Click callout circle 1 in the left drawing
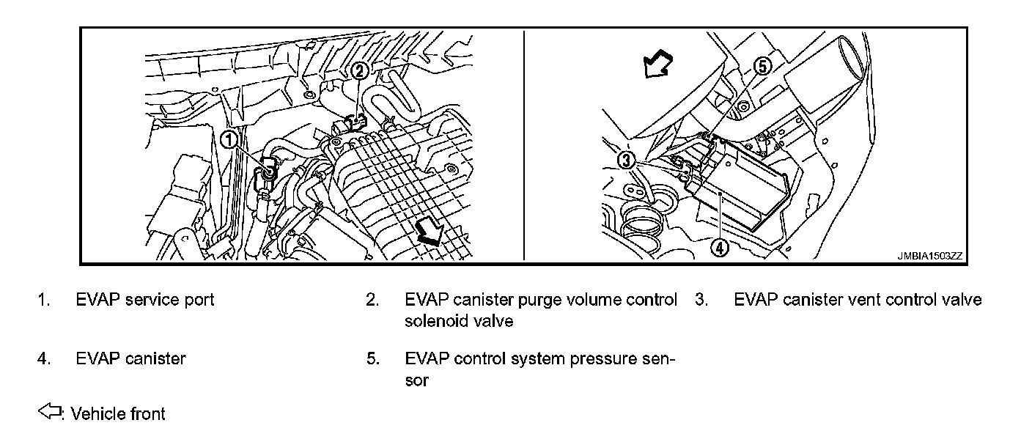229,139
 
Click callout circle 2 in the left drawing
359,70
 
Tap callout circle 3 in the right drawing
625,159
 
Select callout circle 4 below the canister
720,248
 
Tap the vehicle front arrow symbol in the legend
49,413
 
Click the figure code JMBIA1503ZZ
929,257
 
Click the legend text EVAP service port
145,300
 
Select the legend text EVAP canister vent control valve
858,300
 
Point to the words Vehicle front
118,414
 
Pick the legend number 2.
373,300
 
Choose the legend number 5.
373,359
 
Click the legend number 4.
44,359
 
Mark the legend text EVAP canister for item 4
130,359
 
